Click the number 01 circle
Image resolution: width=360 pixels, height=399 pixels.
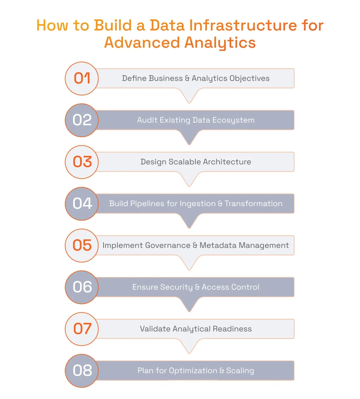82,78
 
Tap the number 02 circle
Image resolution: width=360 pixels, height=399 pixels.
82,120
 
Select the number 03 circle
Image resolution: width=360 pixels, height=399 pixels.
82,162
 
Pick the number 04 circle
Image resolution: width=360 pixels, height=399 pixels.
82,203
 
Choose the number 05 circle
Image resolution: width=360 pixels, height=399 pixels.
82,245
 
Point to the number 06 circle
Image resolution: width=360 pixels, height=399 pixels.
82,287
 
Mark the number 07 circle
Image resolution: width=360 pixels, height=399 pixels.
82,329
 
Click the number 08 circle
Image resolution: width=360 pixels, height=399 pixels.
82,371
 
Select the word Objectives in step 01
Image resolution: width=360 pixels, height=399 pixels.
249,78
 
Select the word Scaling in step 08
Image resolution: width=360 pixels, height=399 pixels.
240,371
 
